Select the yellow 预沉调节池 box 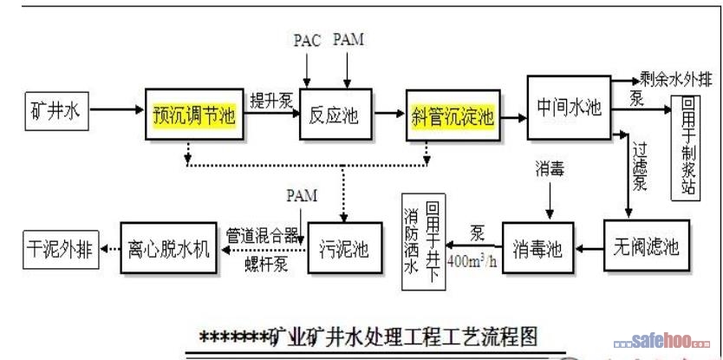194,116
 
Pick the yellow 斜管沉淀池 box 452,116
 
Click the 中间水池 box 568,107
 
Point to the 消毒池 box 538,251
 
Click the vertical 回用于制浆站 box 687,147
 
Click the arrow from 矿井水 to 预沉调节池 115,111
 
